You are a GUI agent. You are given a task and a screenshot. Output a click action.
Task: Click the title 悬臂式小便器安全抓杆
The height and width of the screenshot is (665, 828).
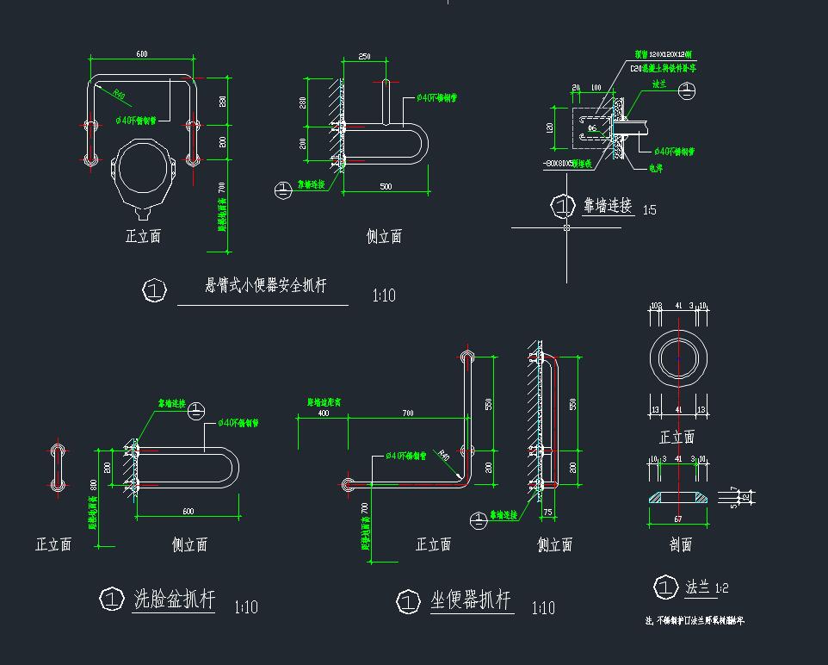click(x=265, y=286)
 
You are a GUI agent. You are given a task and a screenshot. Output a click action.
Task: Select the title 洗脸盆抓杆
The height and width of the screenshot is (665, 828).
click(x=175, y=600)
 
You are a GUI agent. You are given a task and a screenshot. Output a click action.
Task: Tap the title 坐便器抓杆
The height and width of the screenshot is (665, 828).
click(x=471, y=600)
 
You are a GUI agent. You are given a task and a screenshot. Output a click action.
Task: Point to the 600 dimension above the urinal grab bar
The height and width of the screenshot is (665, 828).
click(x=141, y=54)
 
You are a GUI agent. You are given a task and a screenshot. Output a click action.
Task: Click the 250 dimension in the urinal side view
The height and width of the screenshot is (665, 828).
click(x=364, y=57)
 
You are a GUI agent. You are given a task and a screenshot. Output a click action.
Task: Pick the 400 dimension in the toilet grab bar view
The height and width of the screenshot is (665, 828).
click(x=323, y=413)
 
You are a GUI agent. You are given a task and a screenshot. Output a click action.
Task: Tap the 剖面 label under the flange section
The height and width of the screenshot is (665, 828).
click(x=680, y=544)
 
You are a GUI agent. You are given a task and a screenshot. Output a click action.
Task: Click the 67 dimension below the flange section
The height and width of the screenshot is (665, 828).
click(x=677, y=519)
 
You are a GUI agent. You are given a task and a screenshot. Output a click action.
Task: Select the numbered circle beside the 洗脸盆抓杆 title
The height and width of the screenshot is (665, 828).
click(x=112, y=599)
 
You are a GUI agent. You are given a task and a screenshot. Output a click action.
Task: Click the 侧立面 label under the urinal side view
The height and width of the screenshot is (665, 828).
click(x=384, y=237)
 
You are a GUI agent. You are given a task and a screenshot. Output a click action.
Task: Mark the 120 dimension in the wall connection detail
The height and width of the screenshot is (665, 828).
click(x=549, y=127)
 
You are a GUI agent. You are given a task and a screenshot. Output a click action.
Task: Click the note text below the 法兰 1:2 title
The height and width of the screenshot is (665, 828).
click(x=694, y=620)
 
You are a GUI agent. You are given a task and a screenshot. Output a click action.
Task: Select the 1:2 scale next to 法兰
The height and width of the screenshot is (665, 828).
click(x=720, y=588)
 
